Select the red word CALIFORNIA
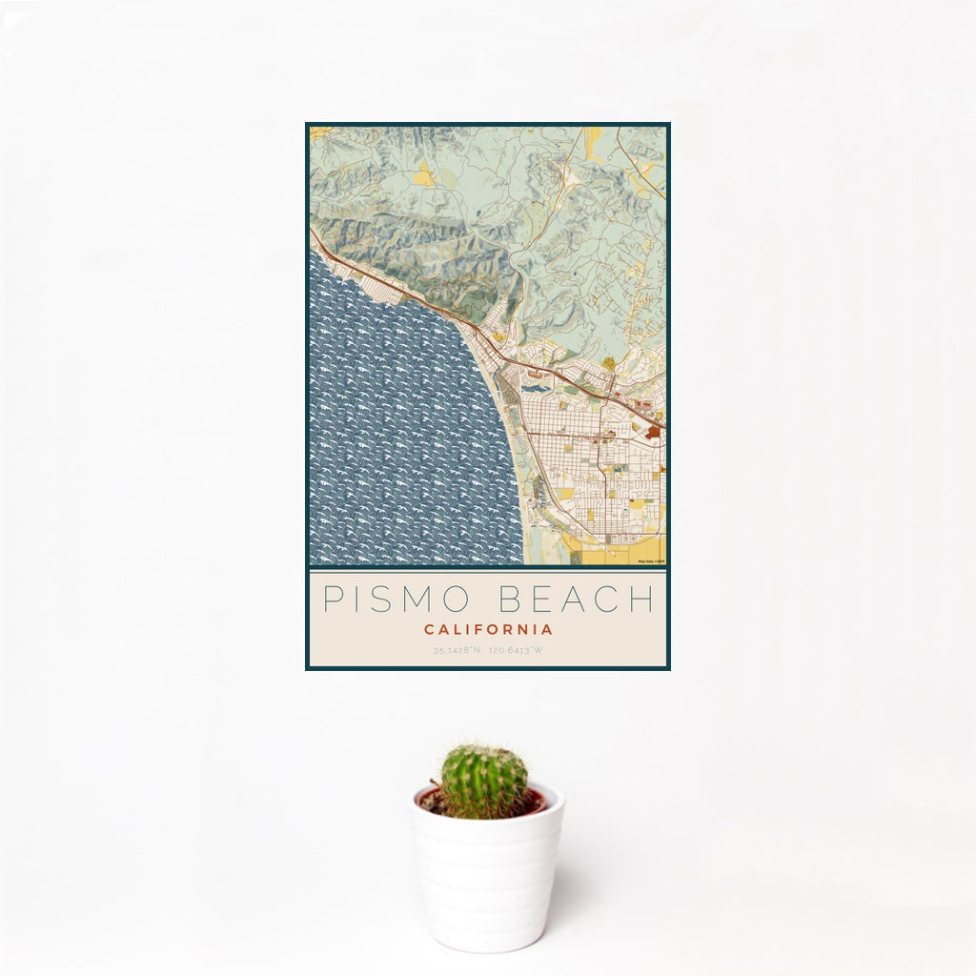(488, 629)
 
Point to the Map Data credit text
(650, 561)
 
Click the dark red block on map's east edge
(654, 432)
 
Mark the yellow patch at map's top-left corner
(317, 132)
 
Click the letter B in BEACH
(512, 599)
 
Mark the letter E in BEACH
(543, 599)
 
